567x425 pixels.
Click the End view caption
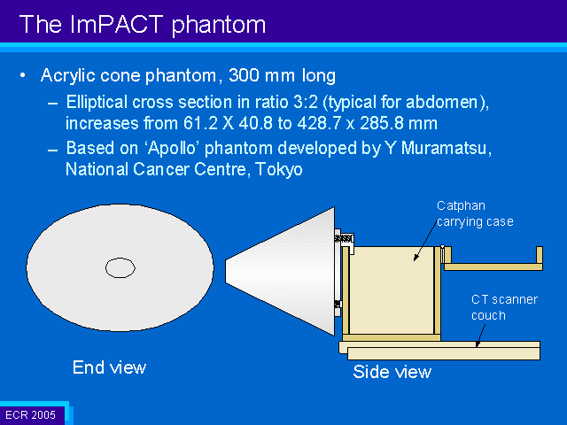pyautogui.click(x=109, y=367)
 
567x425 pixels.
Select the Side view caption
pyautogui.click(x=392, y=372)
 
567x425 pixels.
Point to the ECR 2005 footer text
pyautogui.click(x=31, y=415)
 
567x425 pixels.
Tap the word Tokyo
pyautogui.click(x=279, y=169)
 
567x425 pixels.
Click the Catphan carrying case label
pyautogui.click(x=475, y=213)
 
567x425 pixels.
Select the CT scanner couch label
pyautogui.click(x=504, y=307)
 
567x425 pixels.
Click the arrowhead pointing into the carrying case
pyautogui.click(x=416, y=258)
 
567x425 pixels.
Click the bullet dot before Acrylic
pyautogui.click(x=23, y=75)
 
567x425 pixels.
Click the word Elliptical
pyautogui.click(x=97, y=103)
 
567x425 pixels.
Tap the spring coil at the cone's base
pyautogui.click(x=343, y=238)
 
